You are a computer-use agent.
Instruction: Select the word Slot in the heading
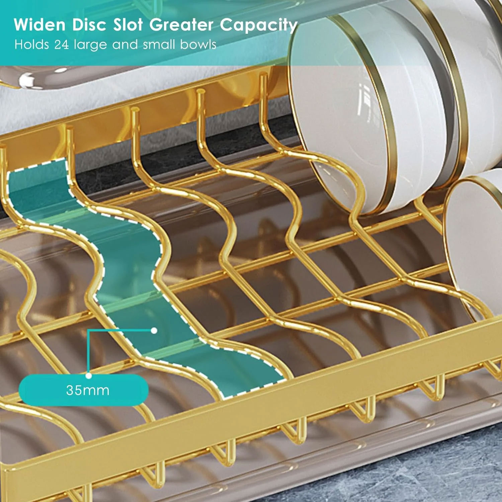[128, 25]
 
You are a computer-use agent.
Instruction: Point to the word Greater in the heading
[181, 25]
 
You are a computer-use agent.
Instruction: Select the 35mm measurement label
[88, 390]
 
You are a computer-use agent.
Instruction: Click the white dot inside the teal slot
[154, 331]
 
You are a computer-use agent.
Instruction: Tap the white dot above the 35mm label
[89, 375]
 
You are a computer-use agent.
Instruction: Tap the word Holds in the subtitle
[32, 45]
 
